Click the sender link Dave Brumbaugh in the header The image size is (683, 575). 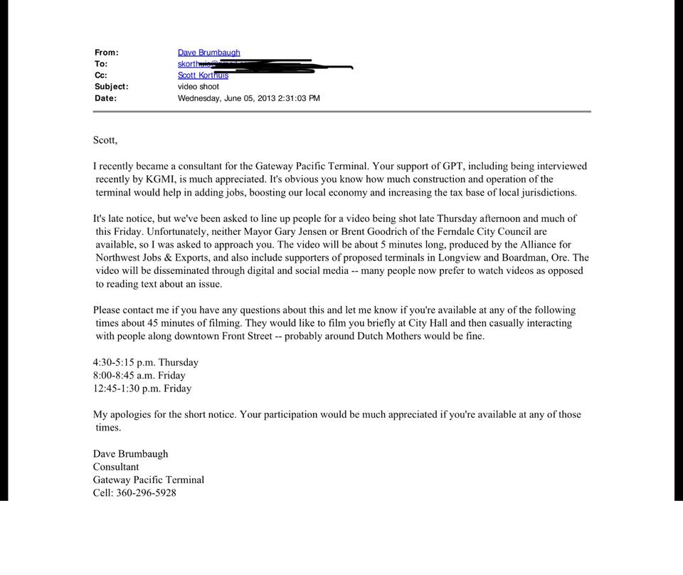pyautogui.click(x=208, y=53)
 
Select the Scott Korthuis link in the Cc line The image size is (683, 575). pyautogui.click(x=203, y=75)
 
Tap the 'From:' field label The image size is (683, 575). pyautogui.click(x=107, y=53)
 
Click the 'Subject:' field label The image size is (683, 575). pyautogui.click(x=112, y=87)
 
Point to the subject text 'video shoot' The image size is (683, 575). pyautogui.click(x=198, y=87)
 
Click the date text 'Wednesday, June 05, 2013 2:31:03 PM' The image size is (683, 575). pyautogui.click(x=248, y=98)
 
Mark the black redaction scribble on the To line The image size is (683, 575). pyautogui.click(x=285, y=65)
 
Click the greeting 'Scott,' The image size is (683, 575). pyautogui.click(x=105, y=140)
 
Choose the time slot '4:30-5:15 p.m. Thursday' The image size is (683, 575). pyautogui.click(x=145, y=362)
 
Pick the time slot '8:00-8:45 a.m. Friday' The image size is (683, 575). pyautogui.click(x=139, y=375)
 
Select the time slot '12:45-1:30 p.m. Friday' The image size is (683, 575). pyautogui.click(x=142, y=389)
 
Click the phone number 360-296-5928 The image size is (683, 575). pyautogui.click(x=146, y=492)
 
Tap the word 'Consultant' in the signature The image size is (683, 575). pyautogui.click(x=116, y=467)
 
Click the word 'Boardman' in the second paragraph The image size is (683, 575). pyautogui.click(x=527, y=258)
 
